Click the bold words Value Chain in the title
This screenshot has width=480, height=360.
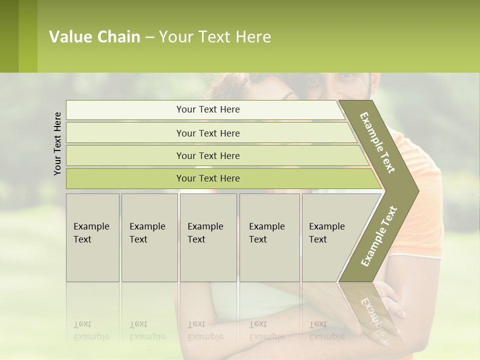tap(94, 37)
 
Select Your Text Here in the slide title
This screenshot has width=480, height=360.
tap(215, 37)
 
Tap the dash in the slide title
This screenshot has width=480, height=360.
tap(149, 37)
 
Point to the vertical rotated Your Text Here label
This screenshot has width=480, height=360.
tap(57, 143)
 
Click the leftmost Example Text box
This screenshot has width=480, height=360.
tap(92, 237)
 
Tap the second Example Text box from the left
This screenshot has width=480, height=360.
tap(149, 237)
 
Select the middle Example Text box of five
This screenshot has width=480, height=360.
tap(208, 237)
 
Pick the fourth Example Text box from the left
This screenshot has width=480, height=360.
tap(269, 237)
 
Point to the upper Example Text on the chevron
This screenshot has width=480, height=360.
tap(378, 142)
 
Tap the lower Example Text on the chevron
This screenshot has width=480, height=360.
tap(379, 236)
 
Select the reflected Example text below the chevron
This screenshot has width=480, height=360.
tap(372, 315)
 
